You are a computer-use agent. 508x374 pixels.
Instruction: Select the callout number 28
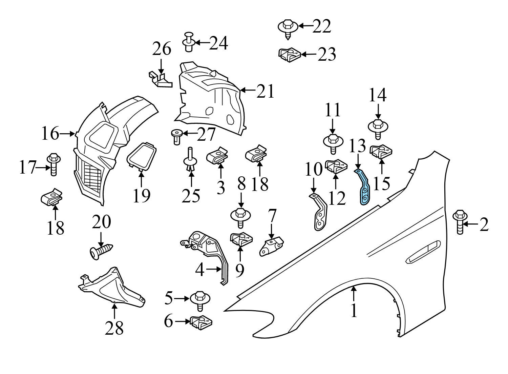(x=114, y=328)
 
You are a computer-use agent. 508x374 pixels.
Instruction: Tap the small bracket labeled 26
(x=160, y=79)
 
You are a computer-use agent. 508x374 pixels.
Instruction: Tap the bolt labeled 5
(x=200, y=300)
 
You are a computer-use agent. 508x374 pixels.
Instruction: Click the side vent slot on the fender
(x=423, y=252)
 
